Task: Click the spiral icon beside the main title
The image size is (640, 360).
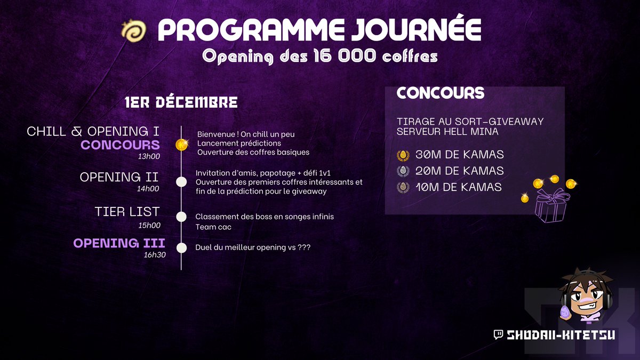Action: tap(133, 32)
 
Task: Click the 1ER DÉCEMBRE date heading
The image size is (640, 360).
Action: tap(181, 102)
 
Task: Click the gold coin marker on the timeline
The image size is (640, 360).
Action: tap(182, 145)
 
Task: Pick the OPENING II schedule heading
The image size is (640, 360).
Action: tap(119, 177)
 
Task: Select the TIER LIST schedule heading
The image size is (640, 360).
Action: tap(127, 212)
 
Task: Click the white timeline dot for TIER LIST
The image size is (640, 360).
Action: tap(181, 217)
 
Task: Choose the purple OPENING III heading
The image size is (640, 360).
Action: tap(119, 243)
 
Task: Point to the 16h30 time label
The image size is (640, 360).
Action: tap(154, 255)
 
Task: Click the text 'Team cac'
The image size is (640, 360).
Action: tap(213, 227)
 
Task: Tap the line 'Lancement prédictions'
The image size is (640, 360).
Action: tap(239, 143)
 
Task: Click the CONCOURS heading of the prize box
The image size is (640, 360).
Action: tap(441, 93)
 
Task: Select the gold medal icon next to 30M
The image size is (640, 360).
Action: tap(403, 155)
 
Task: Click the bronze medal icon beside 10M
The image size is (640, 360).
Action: tap(403, 187)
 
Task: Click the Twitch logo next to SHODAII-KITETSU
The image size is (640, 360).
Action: tap(498, 334)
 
